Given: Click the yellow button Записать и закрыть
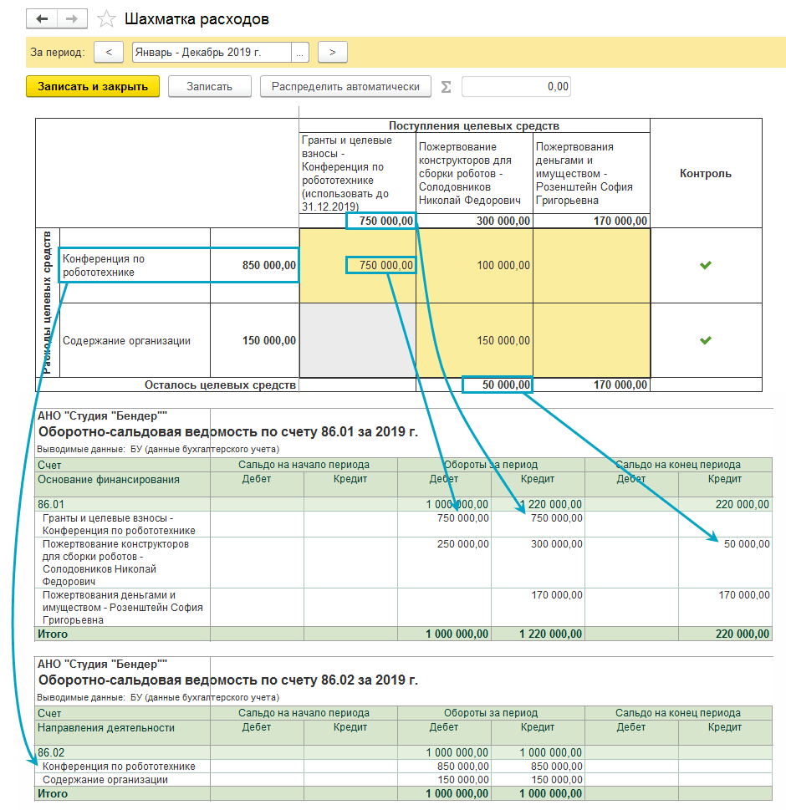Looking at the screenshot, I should (93, 86).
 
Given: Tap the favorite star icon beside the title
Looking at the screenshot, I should (106, 18).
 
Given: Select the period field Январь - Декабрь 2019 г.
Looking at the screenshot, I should (212, 52).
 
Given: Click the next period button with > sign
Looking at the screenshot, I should (333, 52).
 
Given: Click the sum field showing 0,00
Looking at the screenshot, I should (516, 86).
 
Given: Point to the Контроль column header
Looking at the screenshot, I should (705, 174).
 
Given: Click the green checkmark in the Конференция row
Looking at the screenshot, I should (706, 265).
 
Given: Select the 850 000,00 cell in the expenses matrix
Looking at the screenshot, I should (255, 265).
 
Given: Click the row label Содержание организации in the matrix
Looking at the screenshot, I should (126, 340).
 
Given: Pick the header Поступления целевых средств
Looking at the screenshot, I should (473, 125).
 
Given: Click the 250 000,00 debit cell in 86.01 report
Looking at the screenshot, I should (462, 544).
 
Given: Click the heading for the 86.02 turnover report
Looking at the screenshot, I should (228, 680).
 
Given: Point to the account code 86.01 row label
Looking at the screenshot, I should (52, 504).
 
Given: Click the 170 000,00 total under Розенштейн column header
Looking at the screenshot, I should (616, 221).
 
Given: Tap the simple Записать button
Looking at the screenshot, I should (209, 86).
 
